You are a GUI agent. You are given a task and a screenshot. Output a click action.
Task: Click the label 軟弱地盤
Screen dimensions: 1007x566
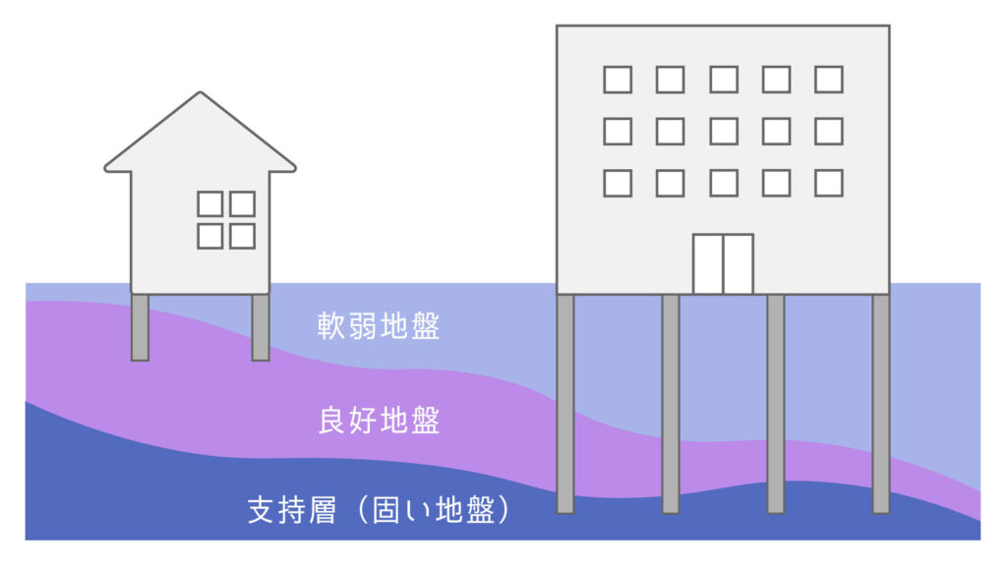tap(379, 326)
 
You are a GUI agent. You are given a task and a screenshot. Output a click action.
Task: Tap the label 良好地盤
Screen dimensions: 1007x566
tap(379, 421)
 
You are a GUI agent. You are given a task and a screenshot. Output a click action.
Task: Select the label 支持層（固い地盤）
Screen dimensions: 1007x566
tap(379, 510)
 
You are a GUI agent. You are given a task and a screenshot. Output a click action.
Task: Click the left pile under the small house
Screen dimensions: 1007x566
tap(140, 327)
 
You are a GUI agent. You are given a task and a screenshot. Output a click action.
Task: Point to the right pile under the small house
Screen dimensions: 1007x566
tap(260, 327)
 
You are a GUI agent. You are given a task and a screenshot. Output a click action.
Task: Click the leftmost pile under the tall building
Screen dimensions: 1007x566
tap(565, 404)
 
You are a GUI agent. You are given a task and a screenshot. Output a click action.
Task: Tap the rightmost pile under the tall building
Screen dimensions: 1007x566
tap(881, 404)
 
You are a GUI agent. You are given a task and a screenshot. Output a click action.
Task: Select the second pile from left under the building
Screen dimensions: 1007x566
tap(671, 404)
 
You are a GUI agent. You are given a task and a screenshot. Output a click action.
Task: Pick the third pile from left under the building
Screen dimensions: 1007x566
tap(776, 404)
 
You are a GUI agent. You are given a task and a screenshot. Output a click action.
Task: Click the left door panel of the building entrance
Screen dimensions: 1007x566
tap(708, 264)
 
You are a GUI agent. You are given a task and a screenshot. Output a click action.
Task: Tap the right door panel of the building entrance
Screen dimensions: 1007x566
tap(739, 264)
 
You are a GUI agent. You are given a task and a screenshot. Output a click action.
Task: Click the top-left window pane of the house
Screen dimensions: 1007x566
tap(210, 204)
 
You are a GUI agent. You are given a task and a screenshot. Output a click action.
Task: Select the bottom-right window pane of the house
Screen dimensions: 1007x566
tap(242, 236)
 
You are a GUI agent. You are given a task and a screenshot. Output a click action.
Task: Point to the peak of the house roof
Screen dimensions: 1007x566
tap(201, 91)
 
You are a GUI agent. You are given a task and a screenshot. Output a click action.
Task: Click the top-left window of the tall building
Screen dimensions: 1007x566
tap(618, 80)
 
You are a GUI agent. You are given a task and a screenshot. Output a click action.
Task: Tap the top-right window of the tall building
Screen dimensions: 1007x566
tap(829, 80)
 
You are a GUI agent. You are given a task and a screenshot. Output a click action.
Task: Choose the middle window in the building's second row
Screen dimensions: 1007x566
tap(724, 132)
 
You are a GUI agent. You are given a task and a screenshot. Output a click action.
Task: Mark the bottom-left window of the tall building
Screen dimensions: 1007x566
tap(618, 184)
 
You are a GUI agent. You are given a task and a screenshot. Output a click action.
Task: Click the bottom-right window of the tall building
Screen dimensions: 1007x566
tap(829, 184)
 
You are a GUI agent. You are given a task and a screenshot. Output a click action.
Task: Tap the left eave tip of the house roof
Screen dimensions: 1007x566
tap(105, 169)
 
